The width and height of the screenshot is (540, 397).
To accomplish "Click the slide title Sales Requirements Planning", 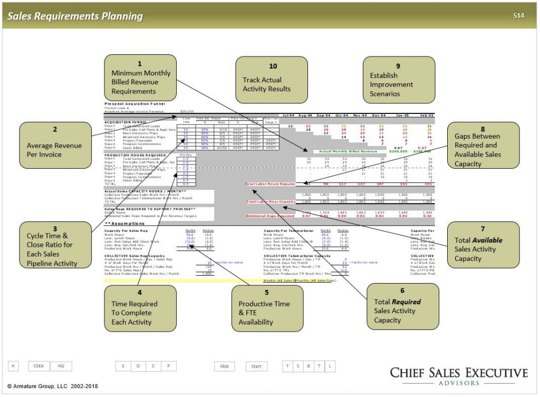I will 75,16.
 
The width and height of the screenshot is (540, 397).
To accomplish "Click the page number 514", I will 518,16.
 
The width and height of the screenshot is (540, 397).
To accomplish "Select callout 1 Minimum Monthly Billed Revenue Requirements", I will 140,77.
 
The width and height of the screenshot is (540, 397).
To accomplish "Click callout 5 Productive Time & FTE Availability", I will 267,308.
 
